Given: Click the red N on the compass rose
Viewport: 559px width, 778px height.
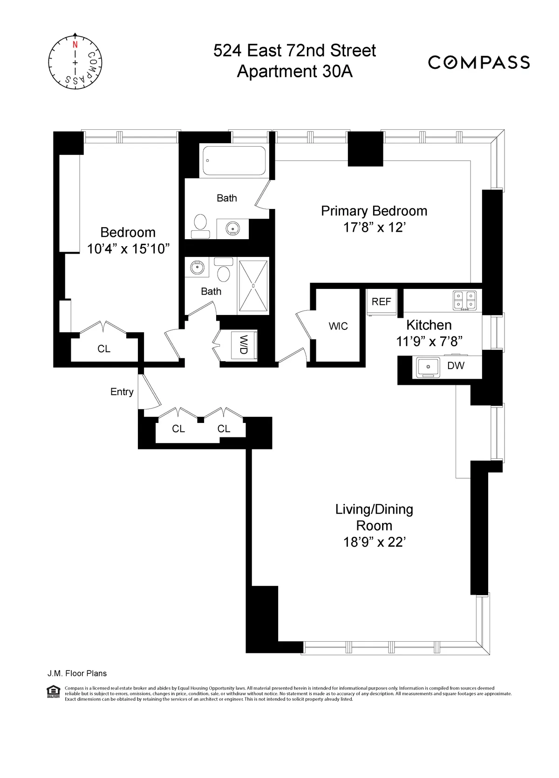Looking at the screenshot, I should point(75,45).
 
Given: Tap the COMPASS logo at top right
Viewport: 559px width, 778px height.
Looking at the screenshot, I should point(479,62).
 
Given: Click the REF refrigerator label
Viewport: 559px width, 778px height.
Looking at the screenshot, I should point(381,302).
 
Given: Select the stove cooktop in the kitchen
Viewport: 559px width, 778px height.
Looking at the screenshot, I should point(465,301).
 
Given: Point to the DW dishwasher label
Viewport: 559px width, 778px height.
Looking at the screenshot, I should point(456,366).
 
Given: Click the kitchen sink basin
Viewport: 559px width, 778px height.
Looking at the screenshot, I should point(428,367).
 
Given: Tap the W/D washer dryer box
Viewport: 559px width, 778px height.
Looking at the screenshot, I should point(244,345).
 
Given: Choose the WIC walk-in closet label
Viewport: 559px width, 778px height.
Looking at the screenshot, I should point(338,326).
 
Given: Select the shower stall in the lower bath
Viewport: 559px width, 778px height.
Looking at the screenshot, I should point(253,286).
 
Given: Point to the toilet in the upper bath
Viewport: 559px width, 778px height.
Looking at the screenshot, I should point(200,223).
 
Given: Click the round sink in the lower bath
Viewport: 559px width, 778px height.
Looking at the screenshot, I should point(198,268).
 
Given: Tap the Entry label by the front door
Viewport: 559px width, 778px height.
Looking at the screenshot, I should point(122,392).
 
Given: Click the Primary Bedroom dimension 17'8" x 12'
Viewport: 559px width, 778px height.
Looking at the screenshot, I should point(374,228).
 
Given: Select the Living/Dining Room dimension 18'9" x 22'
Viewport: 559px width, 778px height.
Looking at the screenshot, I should point(374,542).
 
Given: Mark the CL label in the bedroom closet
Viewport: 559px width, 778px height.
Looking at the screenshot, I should point(104,349).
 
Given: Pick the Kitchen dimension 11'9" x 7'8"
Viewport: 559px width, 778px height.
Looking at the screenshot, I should point(429,342).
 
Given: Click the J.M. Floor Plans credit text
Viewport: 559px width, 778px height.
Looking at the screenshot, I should point(77,673).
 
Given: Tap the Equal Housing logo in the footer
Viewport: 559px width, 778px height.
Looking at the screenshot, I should point(54,691).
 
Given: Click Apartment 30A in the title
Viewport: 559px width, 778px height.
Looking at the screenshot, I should point(294,72).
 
